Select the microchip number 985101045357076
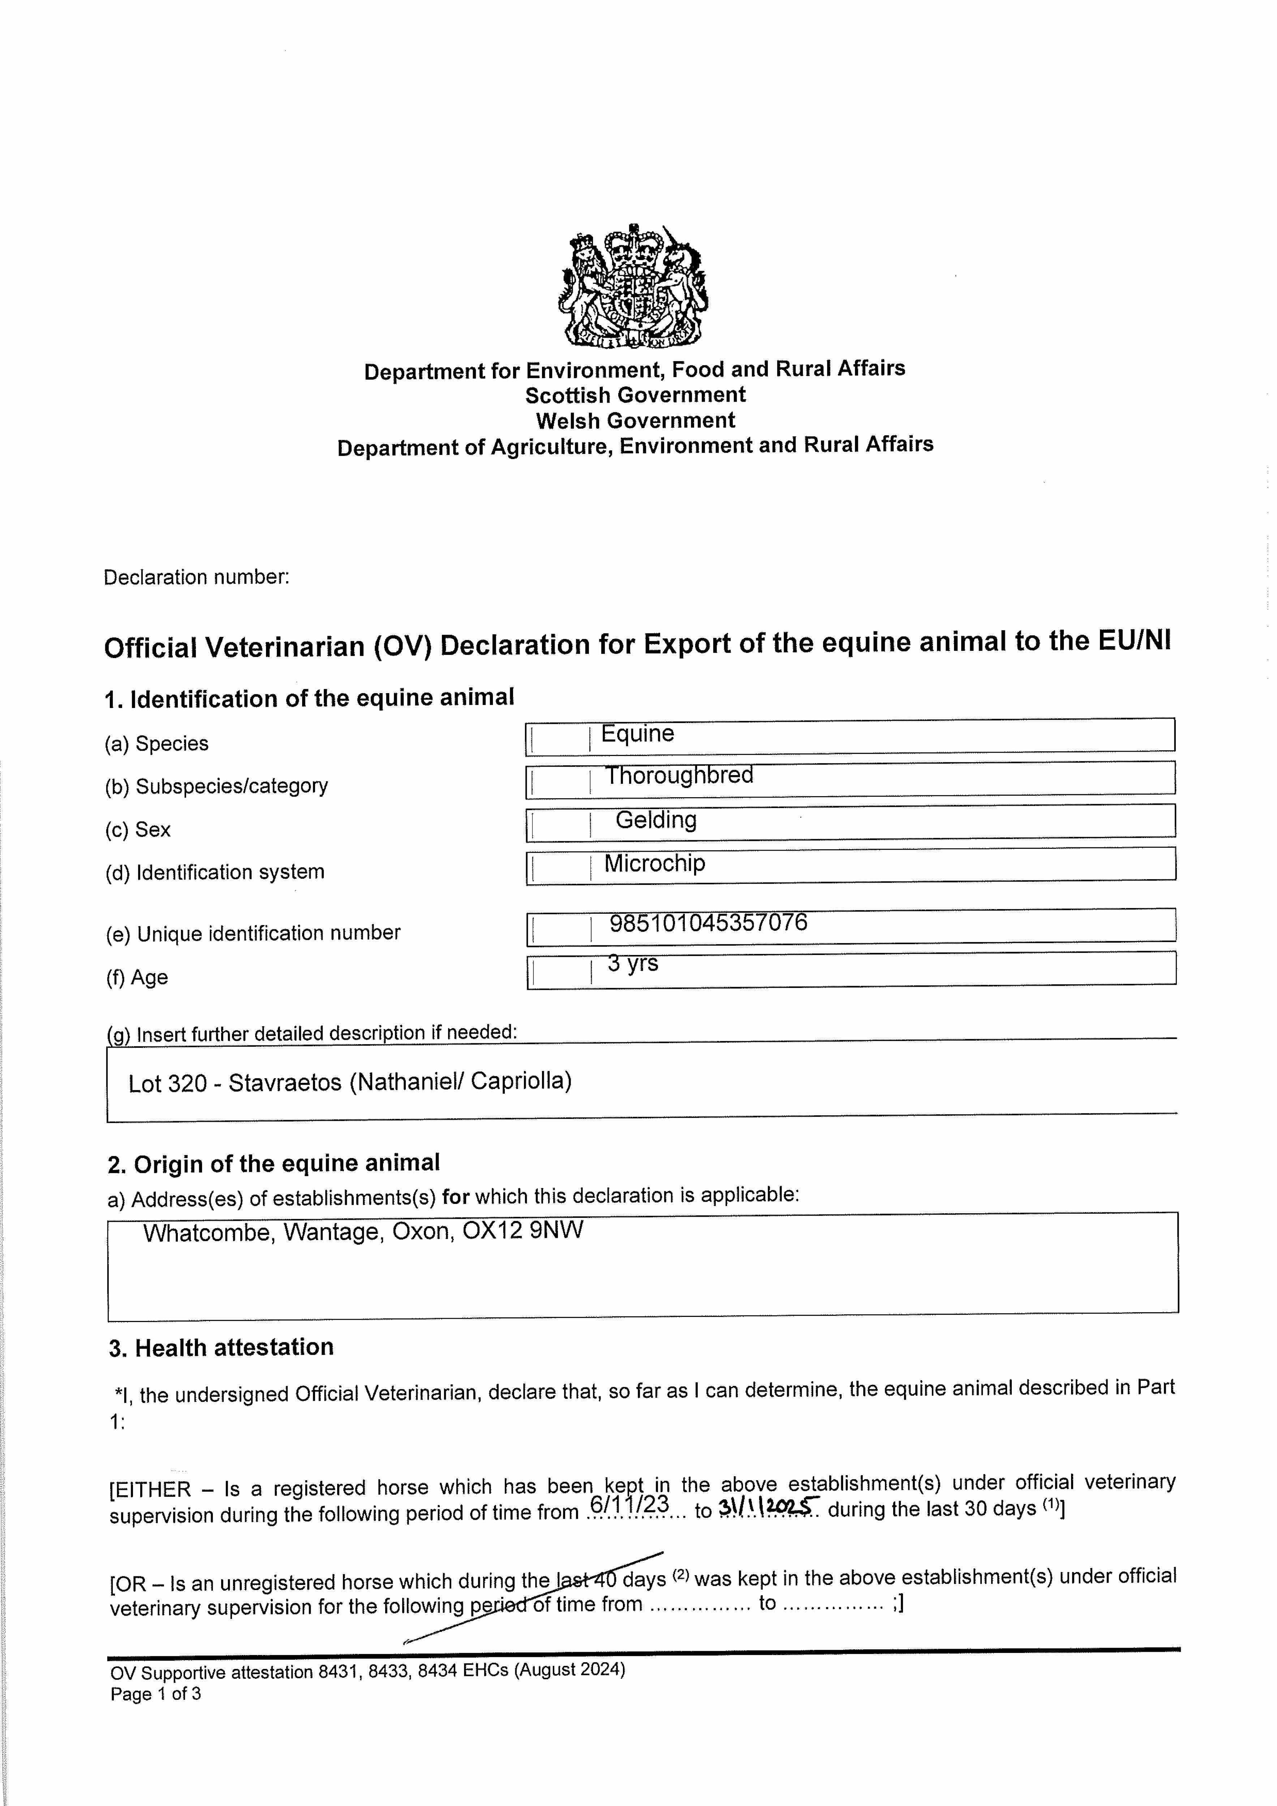click(x=708, y=923)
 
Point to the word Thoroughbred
click(x=678, y=775)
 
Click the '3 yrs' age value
click(x=633, y=964)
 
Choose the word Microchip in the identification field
click(x=655, y=864)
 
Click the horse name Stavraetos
click(x=285, y=1083)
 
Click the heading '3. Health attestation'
click(x=221, y=1347)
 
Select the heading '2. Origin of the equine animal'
click(x=274, y=1163)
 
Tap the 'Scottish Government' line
click(x=635, y=395)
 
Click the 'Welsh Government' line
click(x=635, y=421)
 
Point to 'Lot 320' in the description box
click(x=167, y=1084)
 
